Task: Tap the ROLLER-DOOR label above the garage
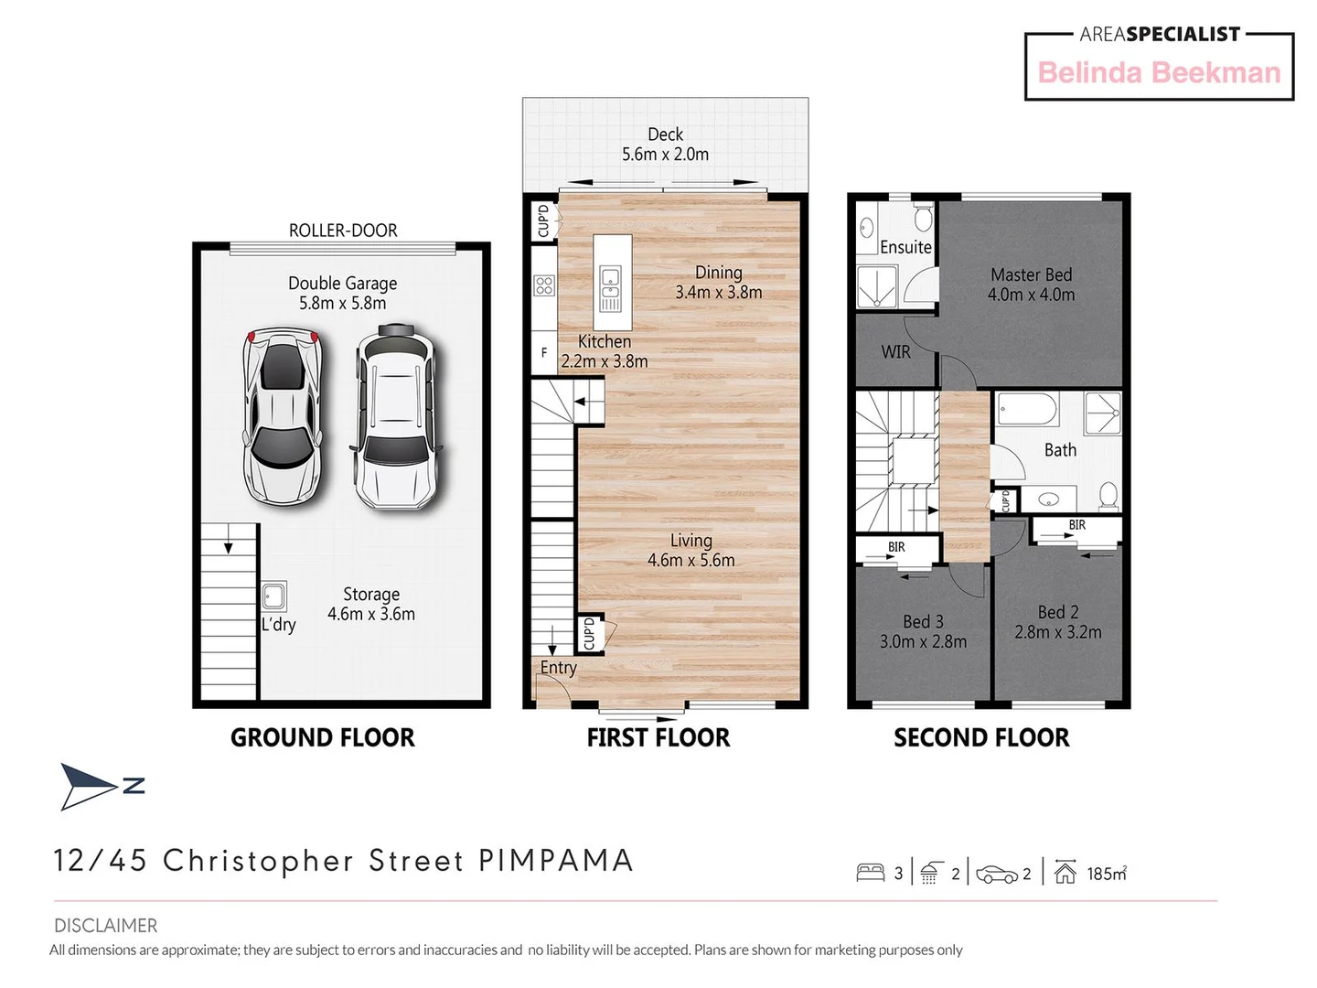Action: click(x=343, y=231)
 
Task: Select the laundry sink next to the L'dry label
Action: click(x=273, y=596)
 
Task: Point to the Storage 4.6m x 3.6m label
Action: click(x=371, y=605)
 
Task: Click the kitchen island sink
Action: click(x=610, y=287)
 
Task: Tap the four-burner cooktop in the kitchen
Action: click(x=544, y=285)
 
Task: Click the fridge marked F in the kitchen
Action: click(x=544, y=353)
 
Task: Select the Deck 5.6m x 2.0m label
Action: click(x=665, y=145)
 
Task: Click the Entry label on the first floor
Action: click(x=558, y=668)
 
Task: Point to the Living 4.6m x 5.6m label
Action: click(x=691, y=551)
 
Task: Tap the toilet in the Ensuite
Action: click(x=923, y=219)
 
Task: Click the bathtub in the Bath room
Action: click(x=1027, y=409)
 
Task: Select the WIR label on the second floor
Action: click(x=895, y=352)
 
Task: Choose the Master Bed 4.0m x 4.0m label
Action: click(x=1031, y=285)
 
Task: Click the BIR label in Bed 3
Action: click(x=896, y=547)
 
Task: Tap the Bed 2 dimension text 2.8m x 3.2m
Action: click(x=1058, y=632)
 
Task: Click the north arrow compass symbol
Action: click(x=91, y=786)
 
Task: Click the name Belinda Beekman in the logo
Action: click(x=1159, y=73)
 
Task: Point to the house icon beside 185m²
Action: click(x=1065, y=873)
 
